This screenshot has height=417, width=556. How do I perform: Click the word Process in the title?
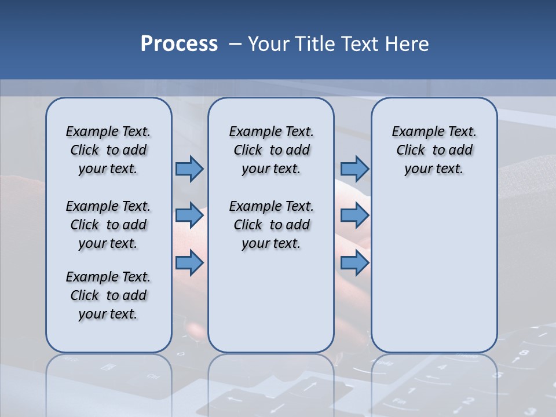(x=179, y=44)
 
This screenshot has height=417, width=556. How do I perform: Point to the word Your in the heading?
(x=270, y=44)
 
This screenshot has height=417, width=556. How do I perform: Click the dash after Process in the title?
(x=235, y=45)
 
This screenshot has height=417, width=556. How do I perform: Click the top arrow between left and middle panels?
(x=189, y=169)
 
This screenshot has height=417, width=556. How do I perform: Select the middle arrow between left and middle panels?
(x=189, y=215)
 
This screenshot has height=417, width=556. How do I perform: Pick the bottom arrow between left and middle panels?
(x=189, y=263)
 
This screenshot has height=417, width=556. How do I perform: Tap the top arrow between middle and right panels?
(x=354, y=169)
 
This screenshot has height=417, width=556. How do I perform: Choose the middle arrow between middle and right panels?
(x=354, y=215)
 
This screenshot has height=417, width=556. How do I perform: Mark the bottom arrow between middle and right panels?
(x=354, y=263)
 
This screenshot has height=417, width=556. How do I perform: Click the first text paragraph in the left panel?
(x=108, y=150)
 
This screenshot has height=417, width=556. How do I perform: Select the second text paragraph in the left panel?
(x=108, y=225)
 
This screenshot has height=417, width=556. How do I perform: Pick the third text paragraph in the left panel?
(x=108, y=295)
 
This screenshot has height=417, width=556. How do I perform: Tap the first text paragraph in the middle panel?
(x=271, y=150)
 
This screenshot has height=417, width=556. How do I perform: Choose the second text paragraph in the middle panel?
(x=271, y=225)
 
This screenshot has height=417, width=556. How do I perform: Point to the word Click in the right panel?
(x=411, y=150)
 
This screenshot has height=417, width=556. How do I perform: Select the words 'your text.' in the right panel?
(x=434, y=169)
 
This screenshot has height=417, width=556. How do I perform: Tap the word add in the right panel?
(x=460, y=150)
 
